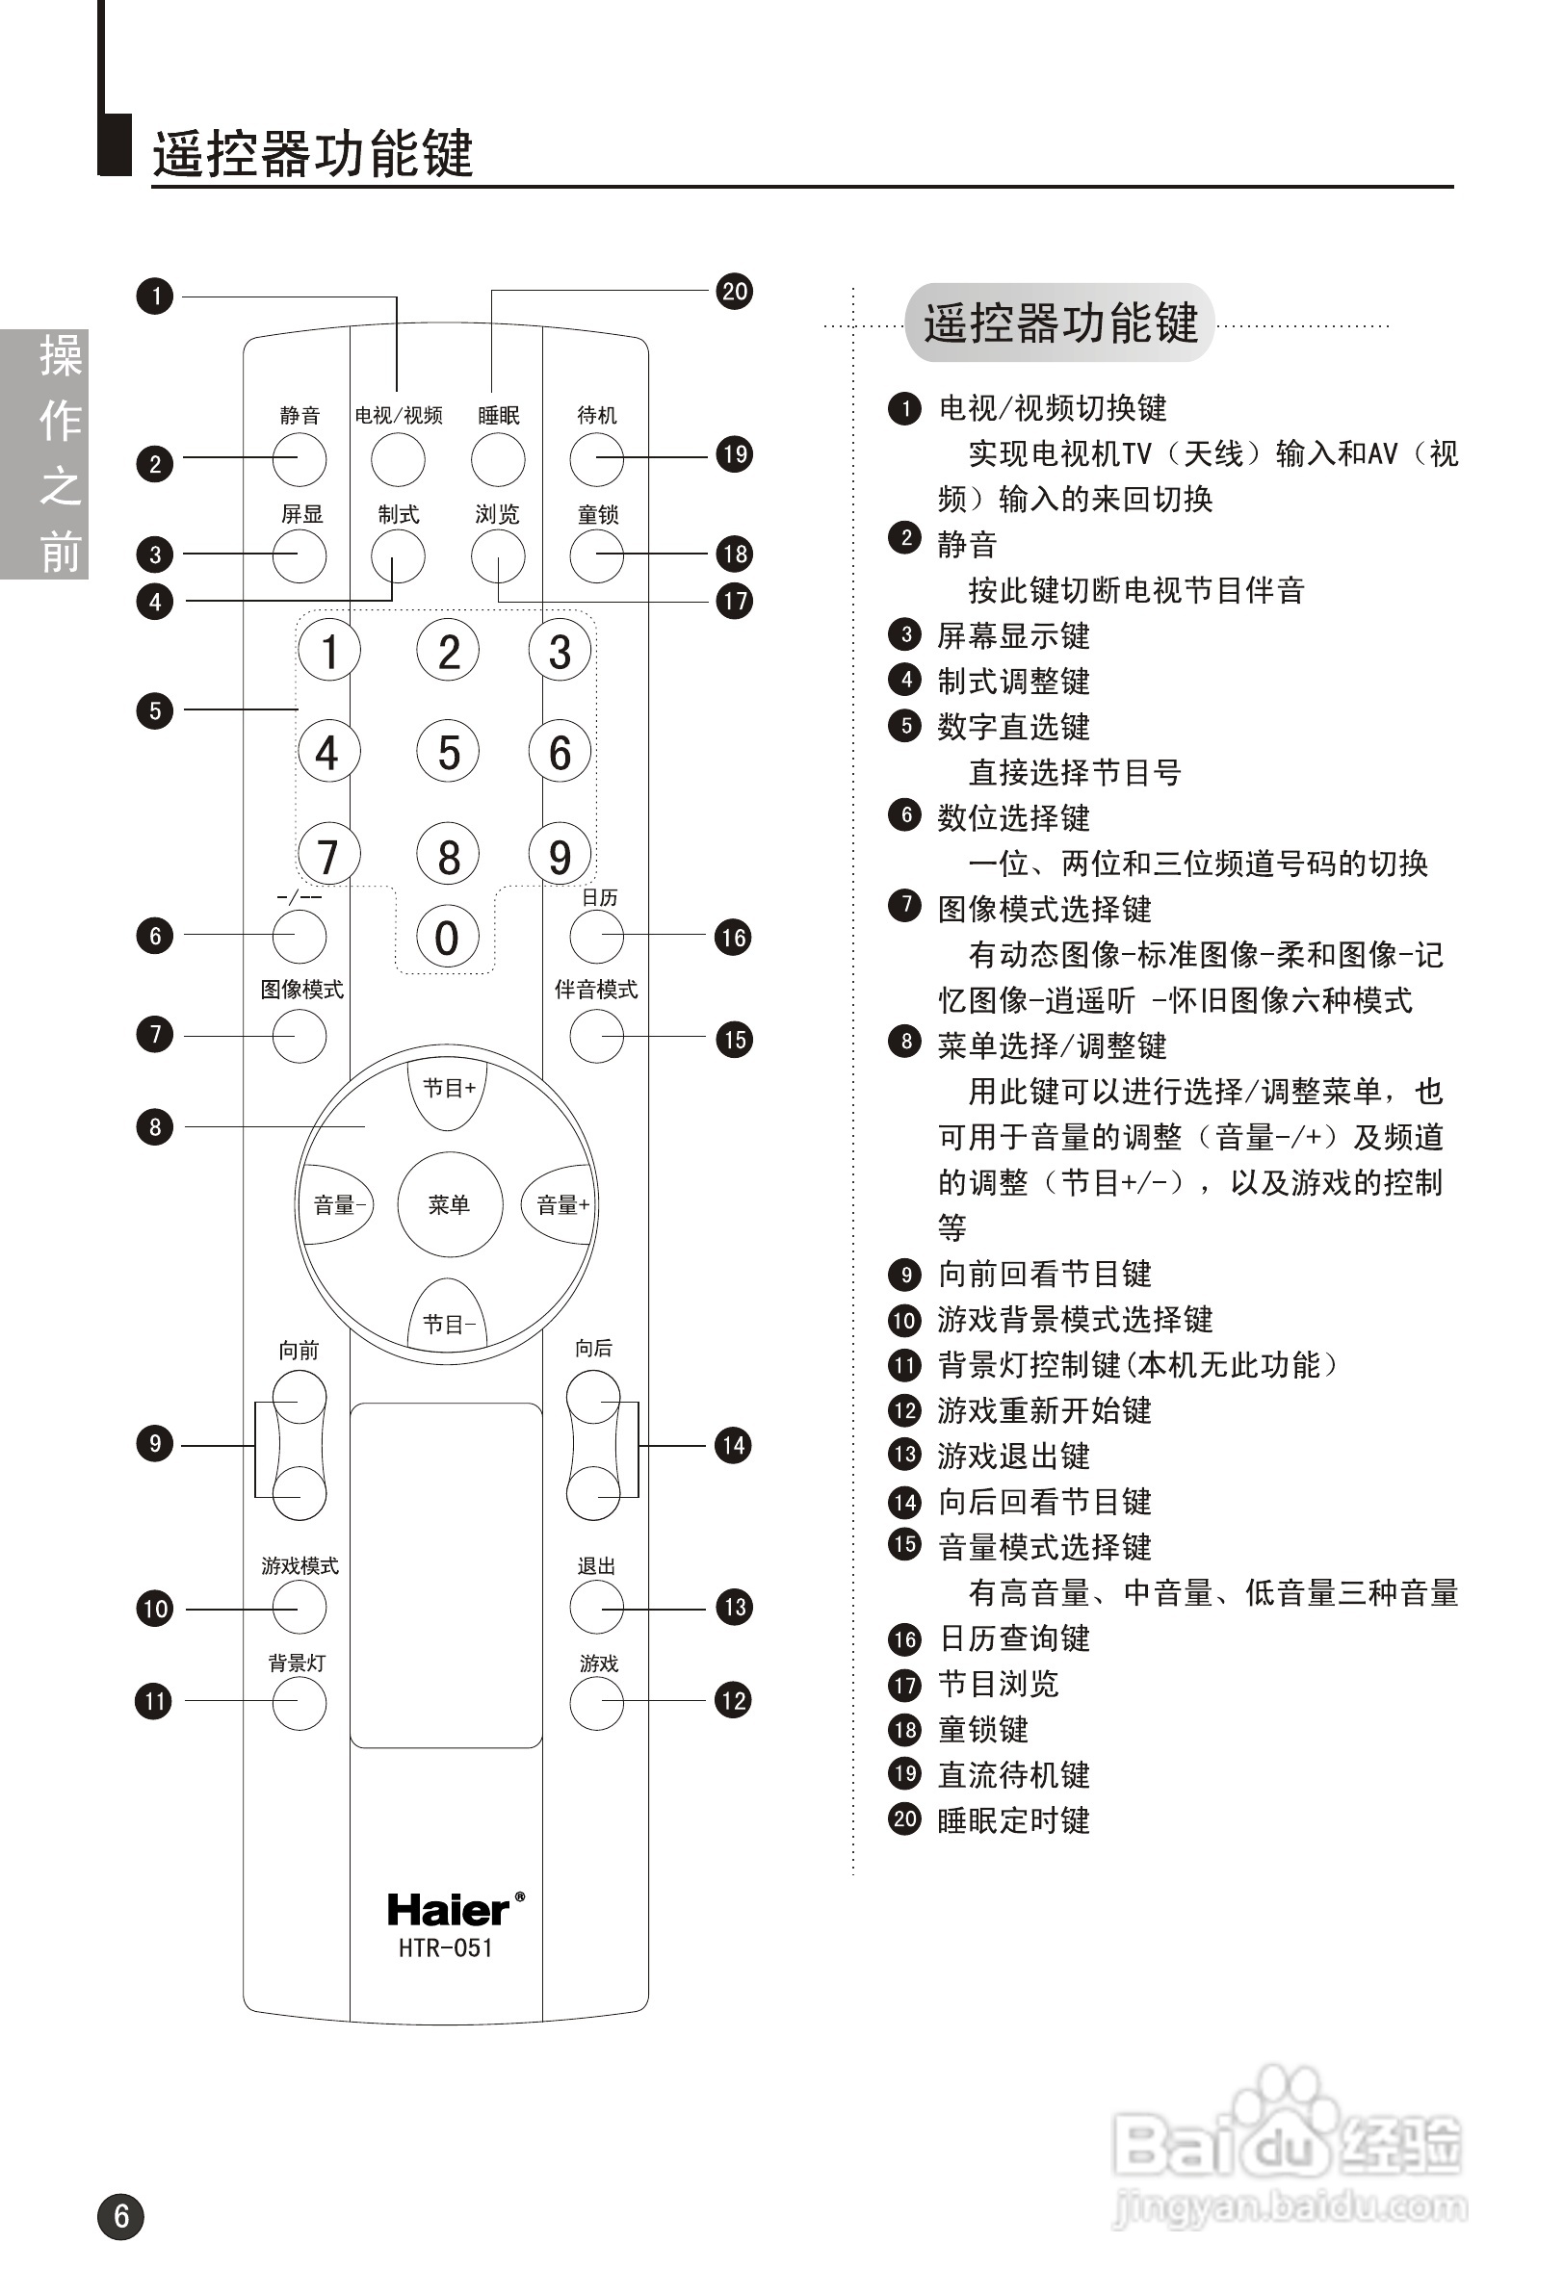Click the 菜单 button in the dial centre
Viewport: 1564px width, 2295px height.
[x=450, y=1204]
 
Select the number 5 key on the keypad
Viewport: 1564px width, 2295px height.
[x=449, y=753]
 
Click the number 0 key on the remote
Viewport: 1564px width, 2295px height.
[x=447, y=938]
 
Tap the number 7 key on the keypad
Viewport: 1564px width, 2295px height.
[x=327, y=855]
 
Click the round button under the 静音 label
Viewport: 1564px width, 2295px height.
[x=300, y=459]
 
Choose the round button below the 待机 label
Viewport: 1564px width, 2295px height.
[x=597, y=459]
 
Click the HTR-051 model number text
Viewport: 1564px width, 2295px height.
[x=446, y=1948]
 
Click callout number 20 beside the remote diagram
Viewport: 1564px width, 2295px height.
[x=734, y=292]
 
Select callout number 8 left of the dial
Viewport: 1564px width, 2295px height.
[x=155, y=1126]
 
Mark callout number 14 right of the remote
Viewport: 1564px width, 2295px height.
[x=733, y=1446]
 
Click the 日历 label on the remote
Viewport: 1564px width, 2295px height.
[x=600, y=897]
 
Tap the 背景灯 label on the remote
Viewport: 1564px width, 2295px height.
[x=297, y=1663]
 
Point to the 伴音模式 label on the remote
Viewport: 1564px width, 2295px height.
[x=596, y=990]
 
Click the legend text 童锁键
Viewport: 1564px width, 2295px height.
[x=983, y=1729]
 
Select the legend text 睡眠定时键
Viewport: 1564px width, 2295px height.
[x=1014, y=1820]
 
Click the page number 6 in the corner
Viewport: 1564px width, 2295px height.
[x=120, y=2216]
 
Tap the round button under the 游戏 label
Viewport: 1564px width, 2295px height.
[x=597, y=1704]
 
